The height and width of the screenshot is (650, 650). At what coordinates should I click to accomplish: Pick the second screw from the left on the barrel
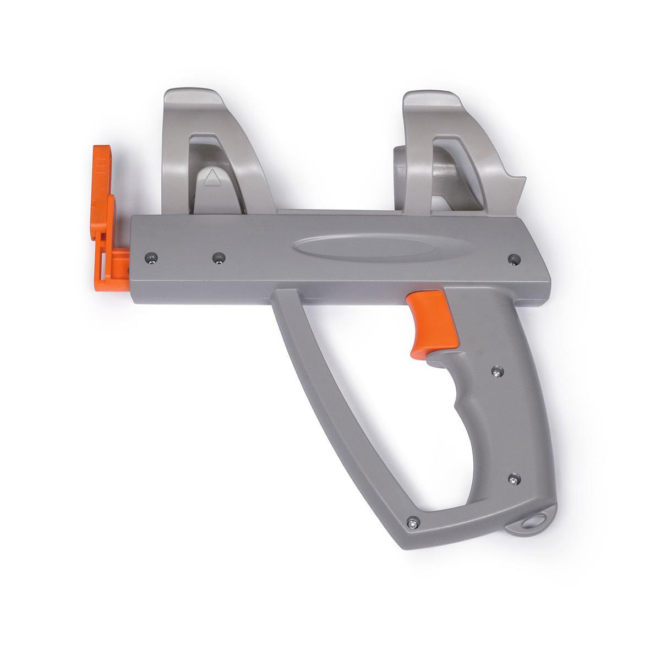tap(219, 256)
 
